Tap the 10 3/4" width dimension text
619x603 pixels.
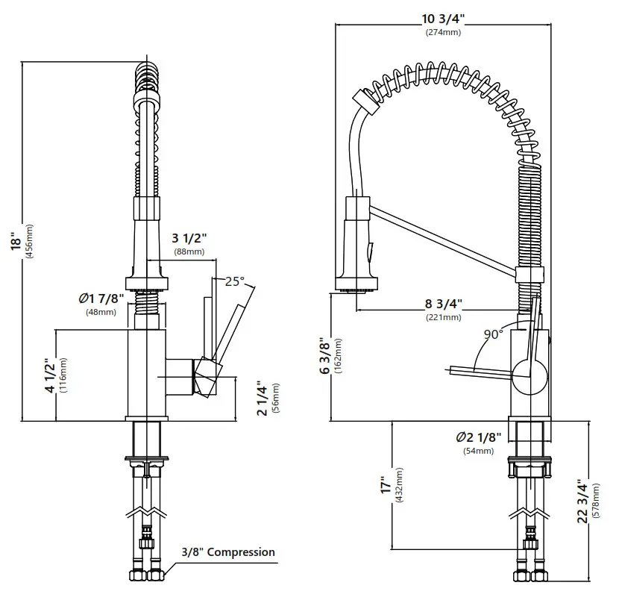(x=444, y=19)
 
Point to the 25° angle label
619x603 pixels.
(x=234, y=281)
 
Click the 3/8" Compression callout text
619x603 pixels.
(x=228, y=552)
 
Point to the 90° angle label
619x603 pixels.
(x=493, y=334)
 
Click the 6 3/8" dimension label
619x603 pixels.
(x=325, y=356)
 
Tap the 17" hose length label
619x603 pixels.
(x=385, y=485)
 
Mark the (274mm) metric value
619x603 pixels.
(x=444, y=33)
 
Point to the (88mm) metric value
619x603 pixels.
(x=189, y=252)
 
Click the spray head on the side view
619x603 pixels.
(x=358, y=243)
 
